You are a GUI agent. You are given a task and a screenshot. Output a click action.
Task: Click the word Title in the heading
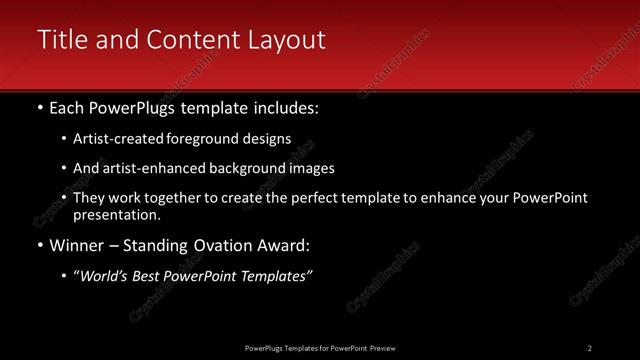pos(60,40)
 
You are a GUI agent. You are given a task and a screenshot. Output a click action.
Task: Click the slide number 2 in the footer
pos(590,347)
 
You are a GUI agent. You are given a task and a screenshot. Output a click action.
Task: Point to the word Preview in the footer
pos(381,347)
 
